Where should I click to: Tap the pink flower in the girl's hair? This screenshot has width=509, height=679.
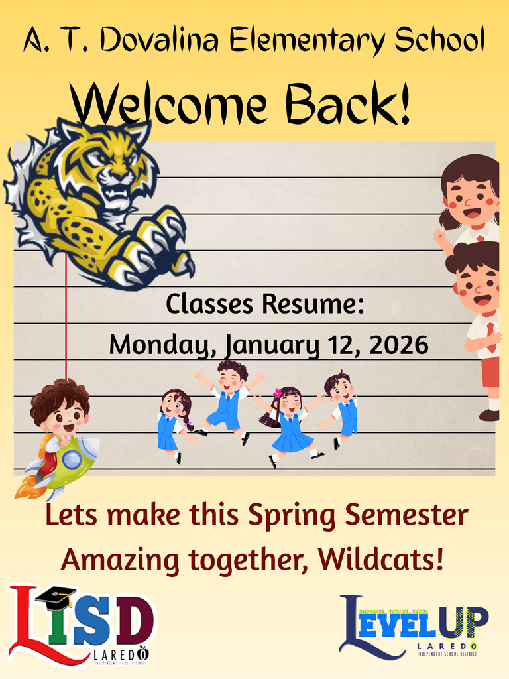pyautogui.click(x=277, y=393)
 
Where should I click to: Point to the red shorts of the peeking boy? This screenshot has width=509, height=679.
pyautogui.click(x=490, y=371)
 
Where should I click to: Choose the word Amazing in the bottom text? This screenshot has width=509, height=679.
pyautogui.click(x=121, y=560)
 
